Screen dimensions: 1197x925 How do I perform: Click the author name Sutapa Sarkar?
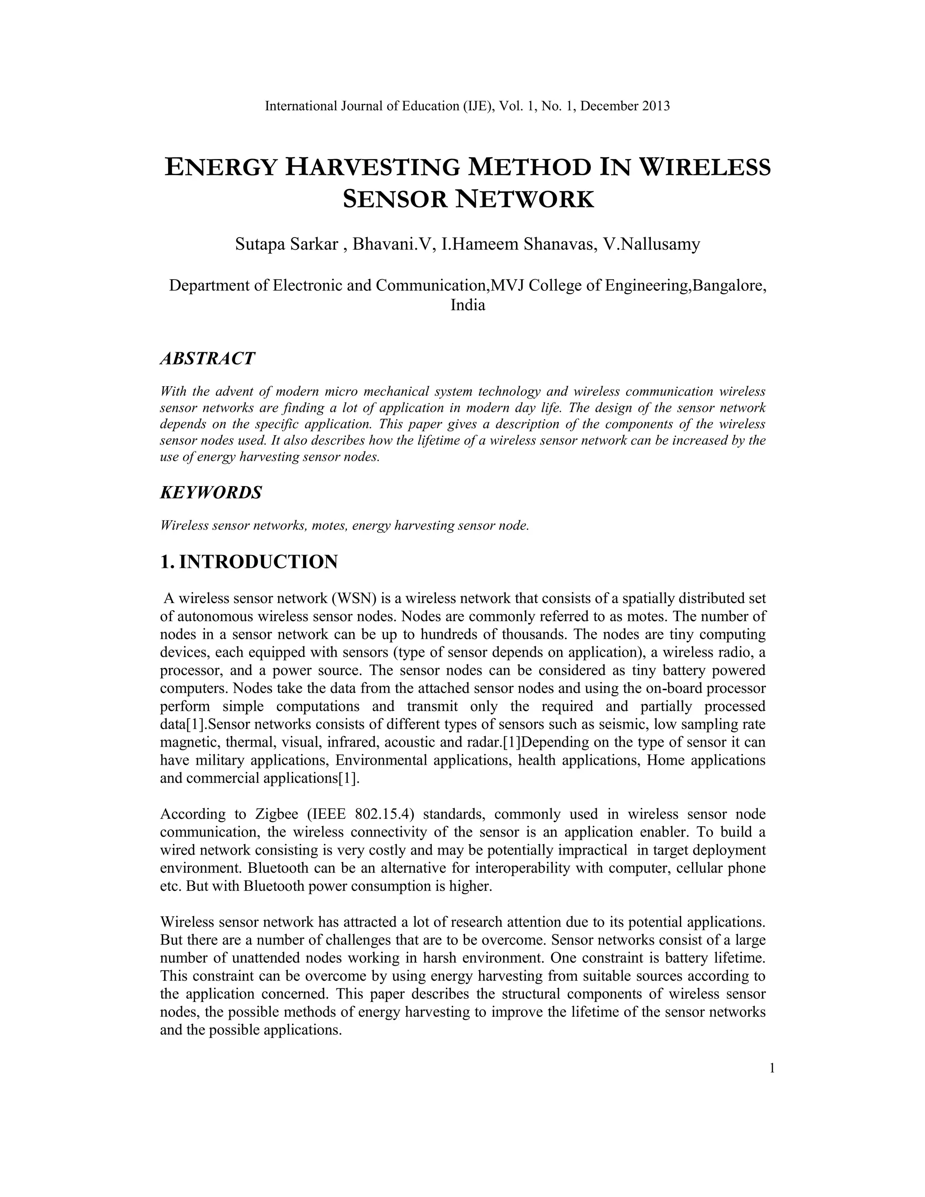click(x=287, y=244)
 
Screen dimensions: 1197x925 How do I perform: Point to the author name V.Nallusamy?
click(x=652, y=244)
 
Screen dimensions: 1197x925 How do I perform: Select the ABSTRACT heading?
click(x=207, y=359)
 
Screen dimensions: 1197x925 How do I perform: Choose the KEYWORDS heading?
click(x=210, y=492)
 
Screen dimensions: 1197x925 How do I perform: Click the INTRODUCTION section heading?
click(x=258, y=562)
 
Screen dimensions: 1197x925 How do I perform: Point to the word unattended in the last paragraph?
click(x=265, y=958)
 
